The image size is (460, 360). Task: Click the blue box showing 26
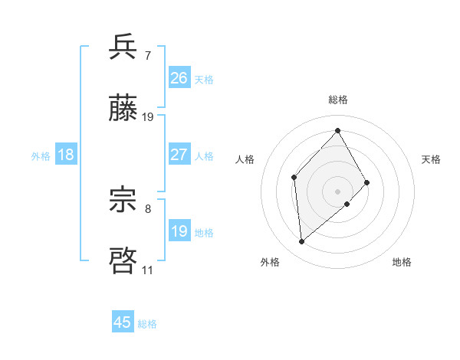tap(179, 78)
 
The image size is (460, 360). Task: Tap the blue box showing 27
tap(179, 155)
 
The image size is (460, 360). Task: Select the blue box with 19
tap(179, 231)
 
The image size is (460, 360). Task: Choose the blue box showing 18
tap(66, 155)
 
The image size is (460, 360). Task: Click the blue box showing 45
tap(123, 322)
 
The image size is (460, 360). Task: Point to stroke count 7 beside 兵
tap(148, 55)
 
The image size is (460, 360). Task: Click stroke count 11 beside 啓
tap(148, 270)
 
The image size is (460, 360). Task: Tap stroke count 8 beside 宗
tap(148, 208)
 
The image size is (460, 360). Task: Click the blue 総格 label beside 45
tap(147, 324)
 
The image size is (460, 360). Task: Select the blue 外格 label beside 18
tap(41, 156)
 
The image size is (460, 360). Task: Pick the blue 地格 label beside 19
tap(204, 233)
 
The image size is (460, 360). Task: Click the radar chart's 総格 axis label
tap(338, 100)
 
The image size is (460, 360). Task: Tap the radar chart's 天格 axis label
tap(432, 159)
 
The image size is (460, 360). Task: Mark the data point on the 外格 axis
tap(302, 242)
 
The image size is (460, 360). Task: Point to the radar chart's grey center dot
tap(338, 191)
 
